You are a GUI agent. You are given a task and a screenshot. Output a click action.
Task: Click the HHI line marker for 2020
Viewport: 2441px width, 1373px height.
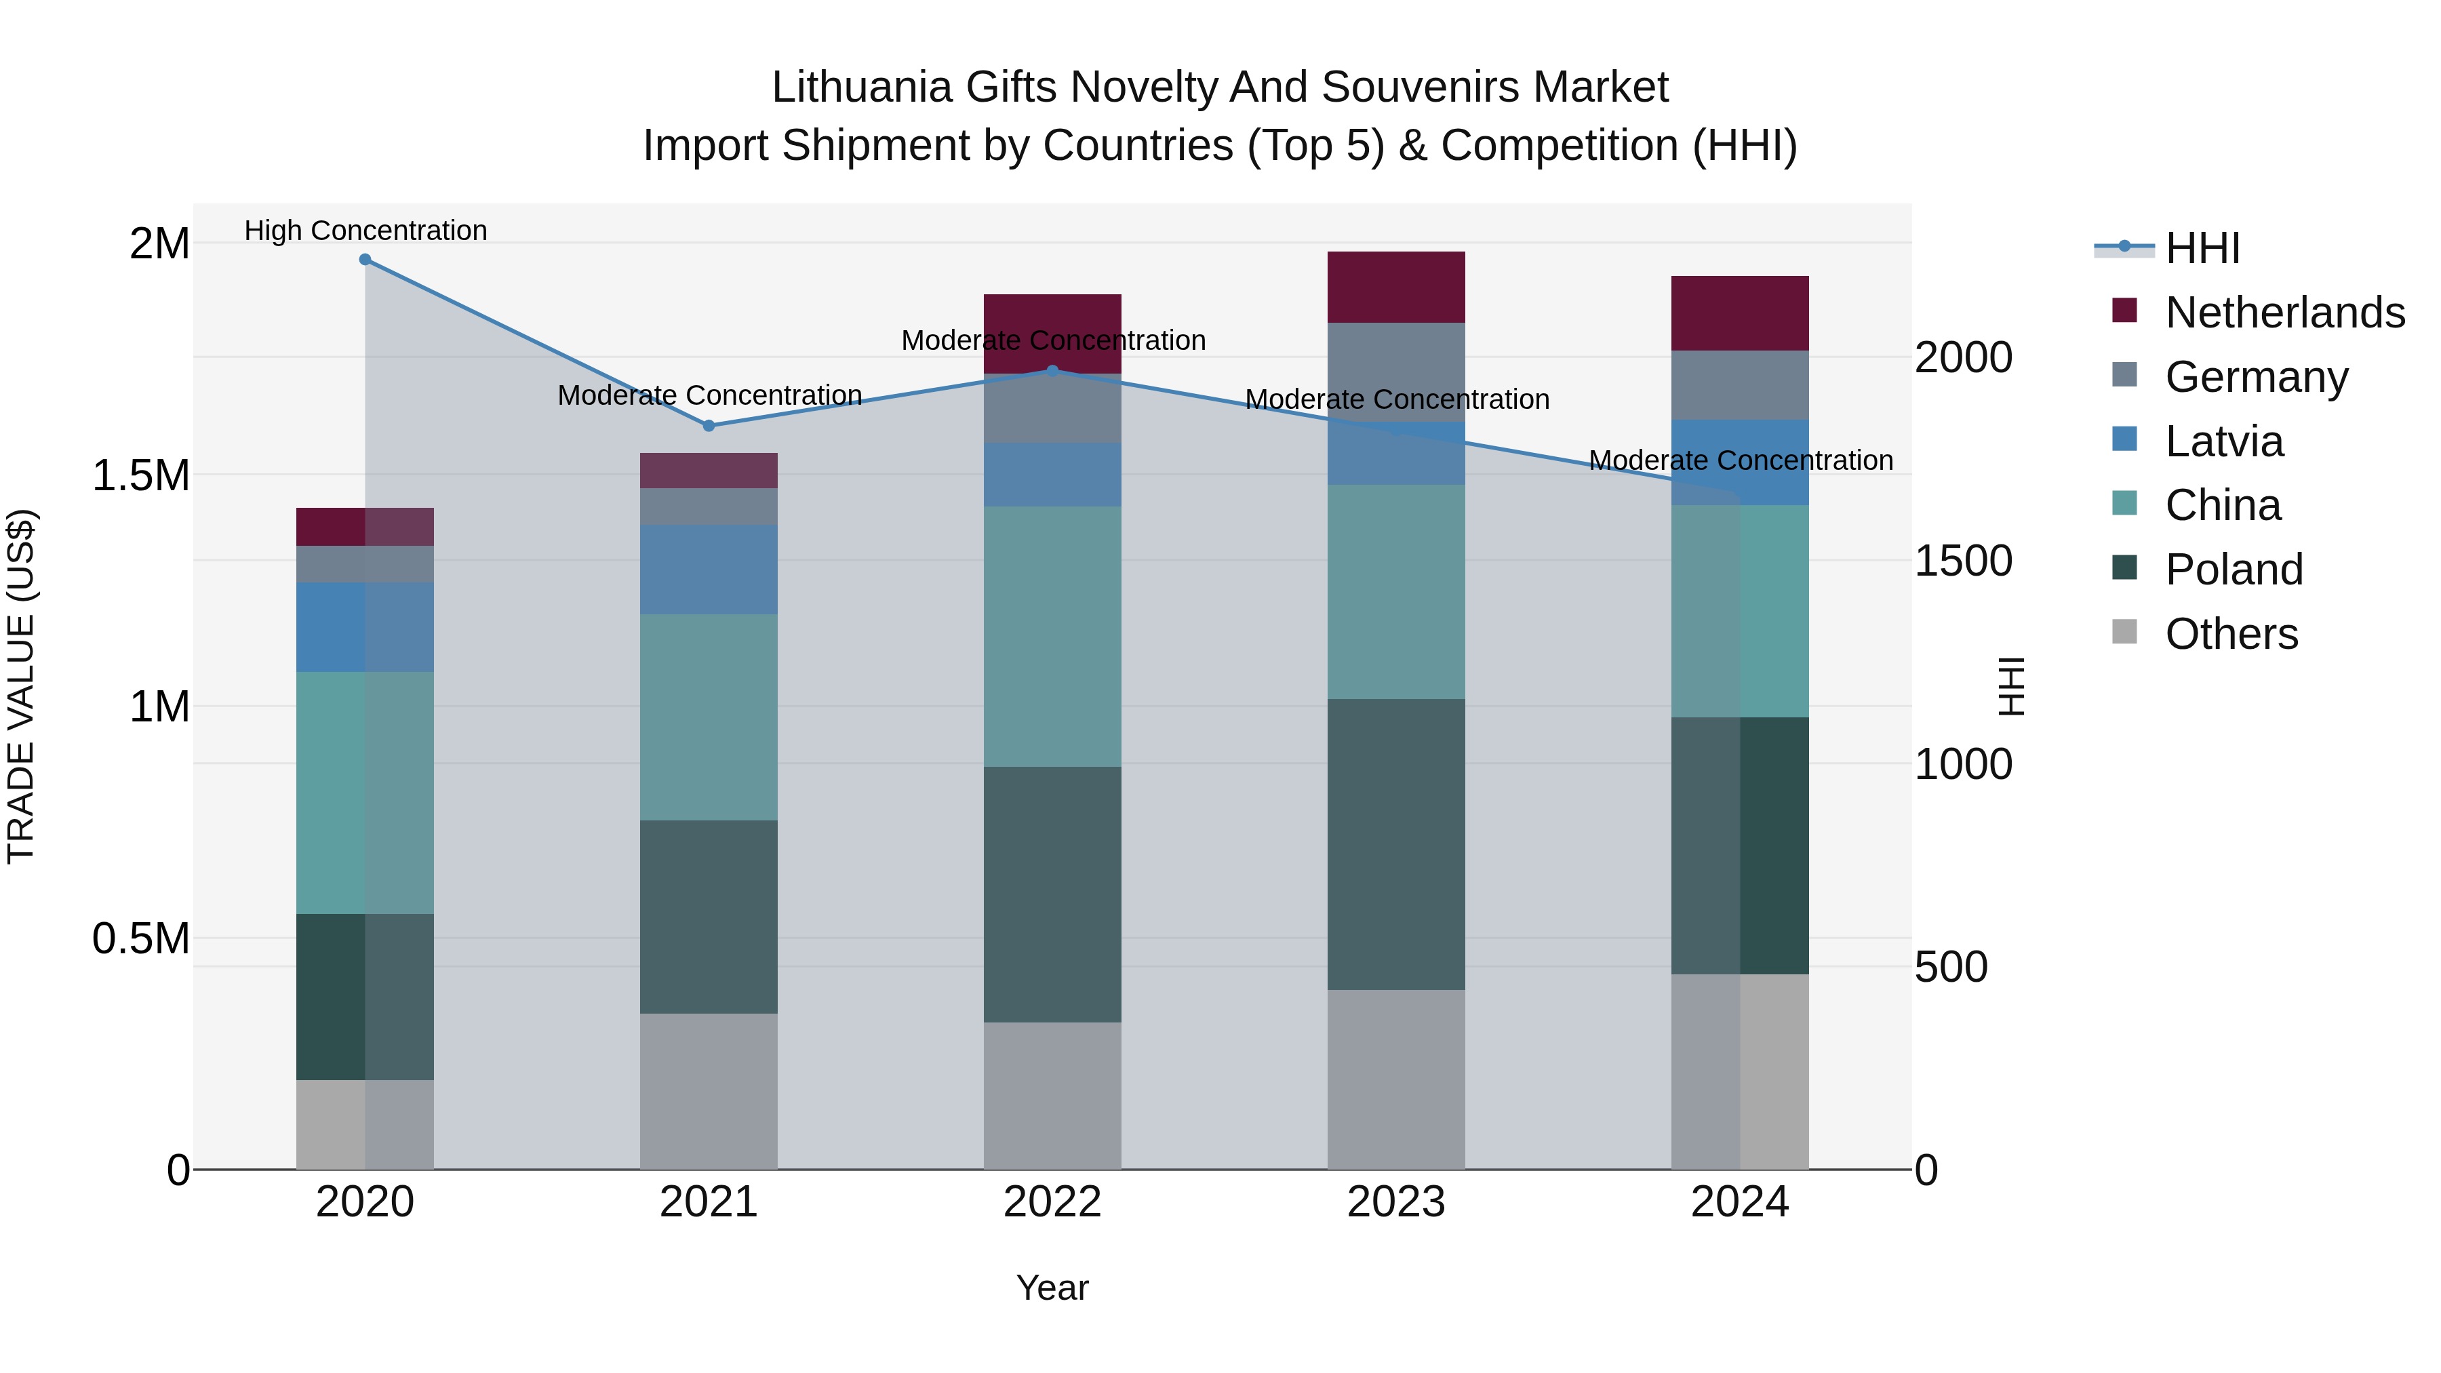[x=365, y=260]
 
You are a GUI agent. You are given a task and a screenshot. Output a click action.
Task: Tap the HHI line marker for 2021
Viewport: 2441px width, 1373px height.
[x=709, y=425]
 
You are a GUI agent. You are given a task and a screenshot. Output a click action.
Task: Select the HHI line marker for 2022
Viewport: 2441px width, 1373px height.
[x=1052, y=370]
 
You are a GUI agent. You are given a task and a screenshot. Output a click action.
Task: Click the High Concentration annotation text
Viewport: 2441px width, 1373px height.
[x=365, y=231]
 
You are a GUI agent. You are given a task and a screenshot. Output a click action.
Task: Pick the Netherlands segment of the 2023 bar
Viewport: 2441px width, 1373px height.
[x=1396, y=287]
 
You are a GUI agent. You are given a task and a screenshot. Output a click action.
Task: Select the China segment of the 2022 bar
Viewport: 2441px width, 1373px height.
[x=1052, y=636]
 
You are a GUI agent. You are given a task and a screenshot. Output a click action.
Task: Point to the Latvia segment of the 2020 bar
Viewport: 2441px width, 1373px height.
[x=365, y=626]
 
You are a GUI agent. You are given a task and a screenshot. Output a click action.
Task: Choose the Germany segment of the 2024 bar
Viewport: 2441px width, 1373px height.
[x=1740, y=384]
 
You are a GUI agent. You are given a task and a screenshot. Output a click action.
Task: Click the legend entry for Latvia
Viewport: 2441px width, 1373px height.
[x=2224, y=441]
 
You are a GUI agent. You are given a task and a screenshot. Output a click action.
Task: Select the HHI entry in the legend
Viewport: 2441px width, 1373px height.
[x=2202, y=248]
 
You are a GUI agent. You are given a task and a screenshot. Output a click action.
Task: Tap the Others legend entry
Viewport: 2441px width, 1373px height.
[x=2231, y=634]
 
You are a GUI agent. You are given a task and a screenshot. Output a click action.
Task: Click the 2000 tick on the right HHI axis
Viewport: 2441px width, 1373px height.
[x=1964, y=357]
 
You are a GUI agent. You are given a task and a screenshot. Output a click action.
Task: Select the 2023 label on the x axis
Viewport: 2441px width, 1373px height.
[x=1396, y=1202]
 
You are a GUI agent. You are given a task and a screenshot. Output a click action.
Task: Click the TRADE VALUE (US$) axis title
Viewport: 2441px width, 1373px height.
[x=21, y=686]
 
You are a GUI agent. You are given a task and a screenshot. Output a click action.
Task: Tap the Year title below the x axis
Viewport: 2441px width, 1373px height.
[x=1052, y=1288]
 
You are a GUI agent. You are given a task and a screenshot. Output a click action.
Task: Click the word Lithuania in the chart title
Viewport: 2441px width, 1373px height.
[x=860, y=87]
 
